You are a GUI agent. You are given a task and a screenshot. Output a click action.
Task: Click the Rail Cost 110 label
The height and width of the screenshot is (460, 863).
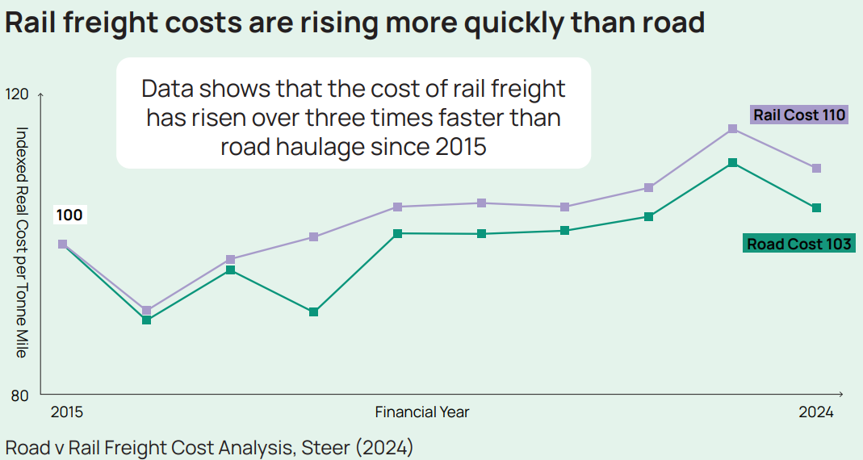(799, 115)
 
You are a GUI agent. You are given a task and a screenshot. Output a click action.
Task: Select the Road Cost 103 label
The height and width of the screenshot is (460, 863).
(798, 244)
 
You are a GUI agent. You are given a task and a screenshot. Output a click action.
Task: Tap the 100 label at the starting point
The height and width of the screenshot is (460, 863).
(69, 215)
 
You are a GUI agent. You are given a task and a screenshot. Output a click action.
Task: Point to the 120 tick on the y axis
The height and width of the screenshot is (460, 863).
(17, 94)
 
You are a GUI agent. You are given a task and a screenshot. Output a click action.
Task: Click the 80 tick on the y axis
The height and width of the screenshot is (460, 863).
(19, 395)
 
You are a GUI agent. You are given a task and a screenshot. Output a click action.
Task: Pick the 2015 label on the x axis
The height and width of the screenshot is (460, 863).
(66, 412)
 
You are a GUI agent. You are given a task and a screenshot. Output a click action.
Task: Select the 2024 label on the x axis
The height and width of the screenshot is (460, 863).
(815, 412)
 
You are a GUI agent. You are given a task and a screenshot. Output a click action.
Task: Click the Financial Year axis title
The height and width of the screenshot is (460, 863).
(421, 412)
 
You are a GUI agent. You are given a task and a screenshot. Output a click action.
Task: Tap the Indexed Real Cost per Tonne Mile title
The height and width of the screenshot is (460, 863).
(22, 242)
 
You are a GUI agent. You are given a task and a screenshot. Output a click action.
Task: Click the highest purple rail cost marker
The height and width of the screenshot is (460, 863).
(732, 129)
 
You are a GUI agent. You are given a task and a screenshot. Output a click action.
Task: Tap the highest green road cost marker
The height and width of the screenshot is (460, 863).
(732, 163)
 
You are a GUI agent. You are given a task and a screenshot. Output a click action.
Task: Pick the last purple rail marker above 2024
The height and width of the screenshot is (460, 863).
(816, 168)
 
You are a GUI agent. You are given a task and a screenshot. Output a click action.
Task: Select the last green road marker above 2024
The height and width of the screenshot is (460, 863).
(816, 208)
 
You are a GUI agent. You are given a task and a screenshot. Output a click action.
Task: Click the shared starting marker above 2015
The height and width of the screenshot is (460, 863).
(62, 244)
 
